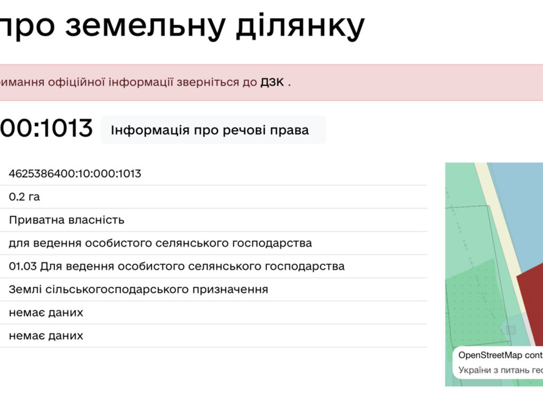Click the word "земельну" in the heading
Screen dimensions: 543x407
tap(146, 26)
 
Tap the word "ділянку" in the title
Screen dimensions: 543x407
tap(300, 26)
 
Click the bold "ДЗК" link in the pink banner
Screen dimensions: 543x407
tap(272, 82)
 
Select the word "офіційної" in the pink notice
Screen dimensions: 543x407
tap(77, 82)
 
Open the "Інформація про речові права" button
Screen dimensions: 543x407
tap(210, 130)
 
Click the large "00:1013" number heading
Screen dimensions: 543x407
tap(46, 128)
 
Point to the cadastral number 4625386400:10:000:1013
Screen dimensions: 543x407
tap(75, 174)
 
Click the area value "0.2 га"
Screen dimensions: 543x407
tap(24, 197)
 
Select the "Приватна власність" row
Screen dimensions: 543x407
tap(67, 220)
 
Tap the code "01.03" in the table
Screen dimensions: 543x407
tap(23, 266)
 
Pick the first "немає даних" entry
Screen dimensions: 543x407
tap(46, 313)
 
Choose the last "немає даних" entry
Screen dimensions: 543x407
tap(46, 336)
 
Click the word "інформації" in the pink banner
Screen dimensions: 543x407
tap(141, 83)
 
